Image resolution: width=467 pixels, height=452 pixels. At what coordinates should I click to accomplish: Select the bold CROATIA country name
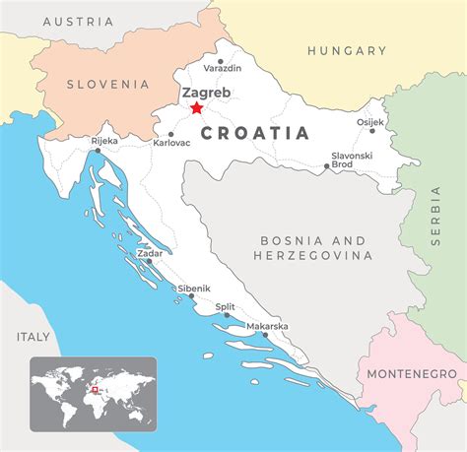[255, 133]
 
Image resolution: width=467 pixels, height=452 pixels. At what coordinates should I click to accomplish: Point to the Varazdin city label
[221, 68]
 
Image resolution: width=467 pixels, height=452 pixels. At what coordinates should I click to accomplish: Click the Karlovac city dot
[170, 134]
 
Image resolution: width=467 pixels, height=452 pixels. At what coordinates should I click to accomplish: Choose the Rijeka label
[103, 141]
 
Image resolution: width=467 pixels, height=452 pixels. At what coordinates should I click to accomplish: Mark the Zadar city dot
[149, 262]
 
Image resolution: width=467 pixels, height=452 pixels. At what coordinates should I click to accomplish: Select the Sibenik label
[194, 289]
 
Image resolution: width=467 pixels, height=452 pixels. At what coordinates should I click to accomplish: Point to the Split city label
[226, 307]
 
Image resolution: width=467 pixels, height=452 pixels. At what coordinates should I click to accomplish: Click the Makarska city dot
[265, 335]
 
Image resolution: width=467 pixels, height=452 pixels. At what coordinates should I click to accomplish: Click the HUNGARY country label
[346, 50]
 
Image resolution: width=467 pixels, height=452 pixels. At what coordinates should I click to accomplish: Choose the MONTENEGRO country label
[411, 374]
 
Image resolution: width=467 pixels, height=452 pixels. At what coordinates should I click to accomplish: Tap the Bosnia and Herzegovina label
[313, 247]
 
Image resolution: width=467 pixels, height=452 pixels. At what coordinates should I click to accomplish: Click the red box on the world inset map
[96, 387]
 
